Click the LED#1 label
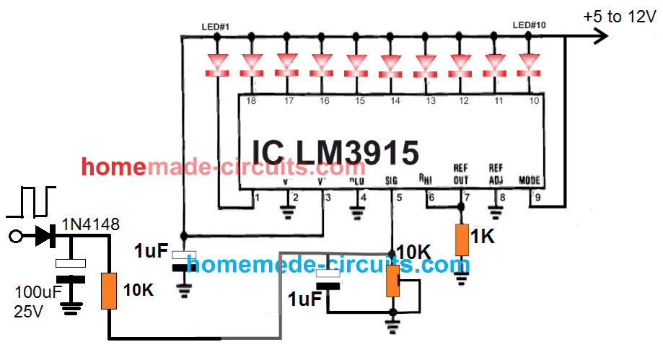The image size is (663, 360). (216, 27)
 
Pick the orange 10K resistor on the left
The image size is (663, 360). (110, 291)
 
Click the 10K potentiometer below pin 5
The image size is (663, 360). (393, 281)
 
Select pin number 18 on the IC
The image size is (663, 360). (251, 102)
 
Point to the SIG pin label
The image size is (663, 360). (392, 181)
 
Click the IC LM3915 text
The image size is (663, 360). (335, 153)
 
